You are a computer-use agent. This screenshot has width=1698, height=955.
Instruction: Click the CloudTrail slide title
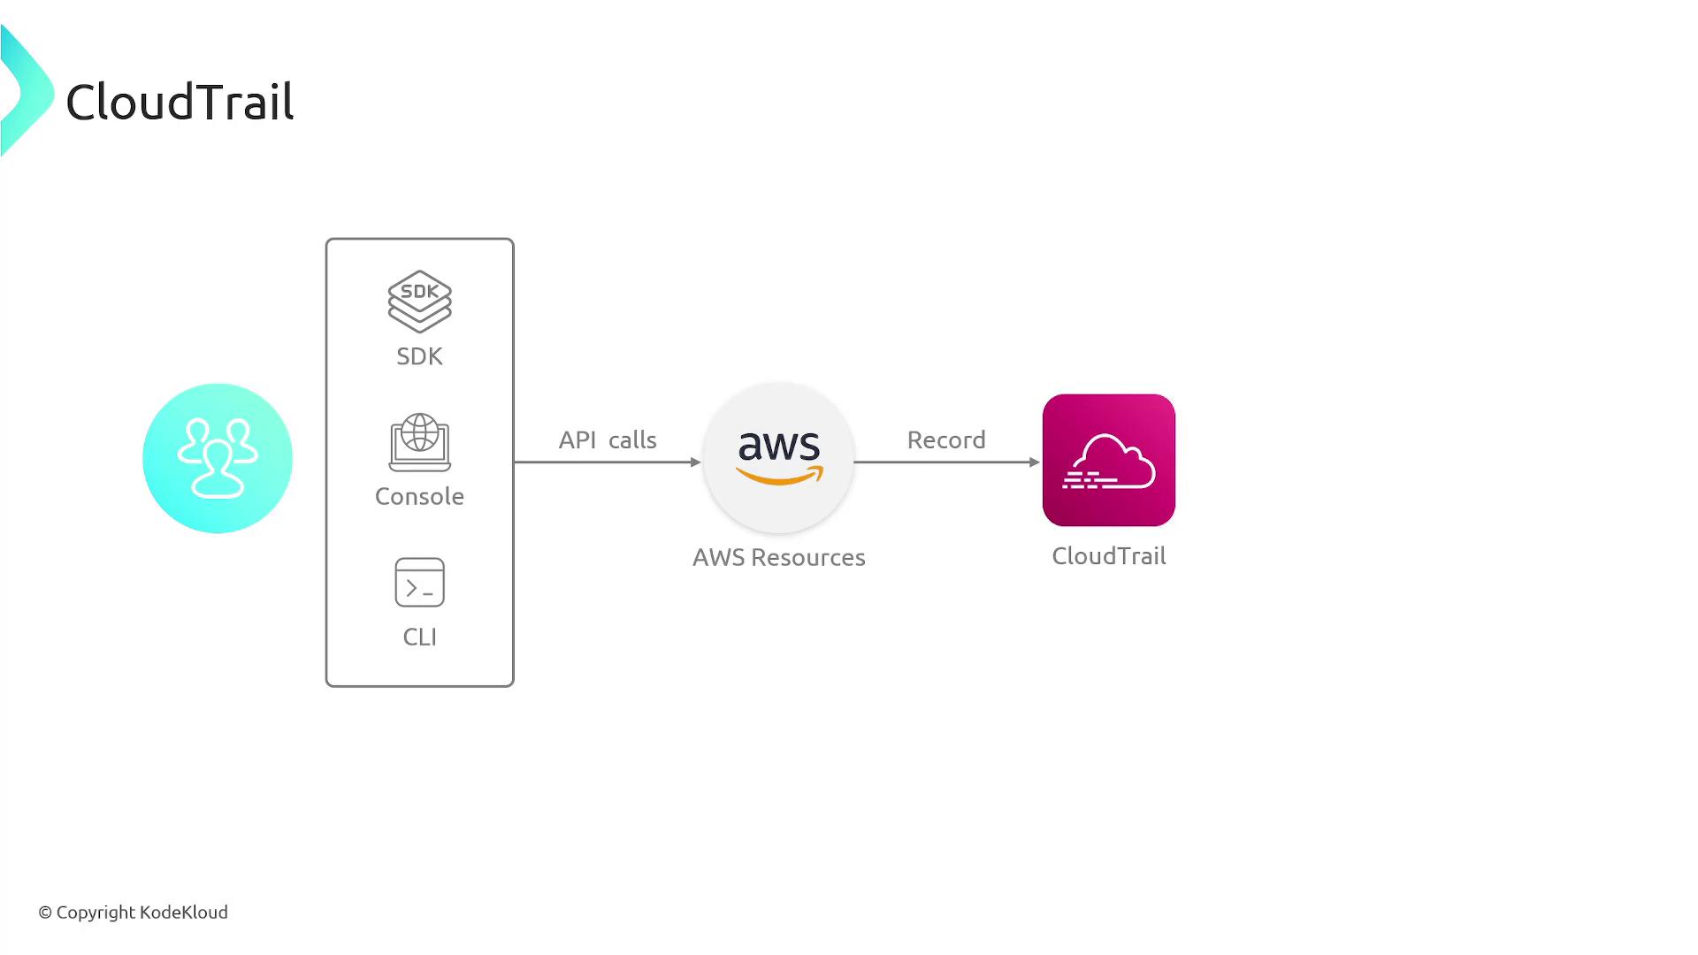coord(180,102)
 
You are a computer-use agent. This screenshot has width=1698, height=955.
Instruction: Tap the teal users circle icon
coord(218,458)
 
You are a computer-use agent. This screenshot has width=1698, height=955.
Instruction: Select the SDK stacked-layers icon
coord(419,302)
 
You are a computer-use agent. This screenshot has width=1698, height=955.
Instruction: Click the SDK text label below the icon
coord(419,356)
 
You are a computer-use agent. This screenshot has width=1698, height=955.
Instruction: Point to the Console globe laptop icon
coord(419,442)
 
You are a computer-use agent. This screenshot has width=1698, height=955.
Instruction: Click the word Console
coord(419,496)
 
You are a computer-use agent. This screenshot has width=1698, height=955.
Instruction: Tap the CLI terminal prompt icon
coord(419,582)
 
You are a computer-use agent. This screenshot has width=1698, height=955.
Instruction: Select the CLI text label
coord(419,637)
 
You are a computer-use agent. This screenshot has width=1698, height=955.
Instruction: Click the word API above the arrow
coord(577,439)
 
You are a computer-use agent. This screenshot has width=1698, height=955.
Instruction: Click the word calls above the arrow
coord(632,439)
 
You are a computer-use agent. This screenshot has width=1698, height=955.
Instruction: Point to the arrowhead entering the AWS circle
coord(696,462)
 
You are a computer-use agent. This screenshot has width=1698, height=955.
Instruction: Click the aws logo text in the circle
coord(779,446)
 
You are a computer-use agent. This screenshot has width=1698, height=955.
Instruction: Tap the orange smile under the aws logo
coord(779,477)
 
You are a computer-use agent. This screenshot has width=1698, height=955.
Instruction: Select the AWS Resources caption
coord(778,557)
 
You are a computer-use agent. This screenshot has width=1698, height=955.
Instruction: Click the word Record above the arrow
coord(946,439)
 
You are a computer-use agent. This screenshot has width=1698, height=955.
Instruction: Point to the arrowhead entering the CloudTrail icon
coord(1035,462)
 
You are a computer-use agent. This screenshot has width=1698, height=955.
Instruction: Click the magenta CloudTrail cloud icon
coord(1109,460)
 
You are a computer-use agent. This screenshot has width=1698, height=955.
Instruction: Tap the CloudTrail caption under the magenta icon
coord(1109,555)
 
